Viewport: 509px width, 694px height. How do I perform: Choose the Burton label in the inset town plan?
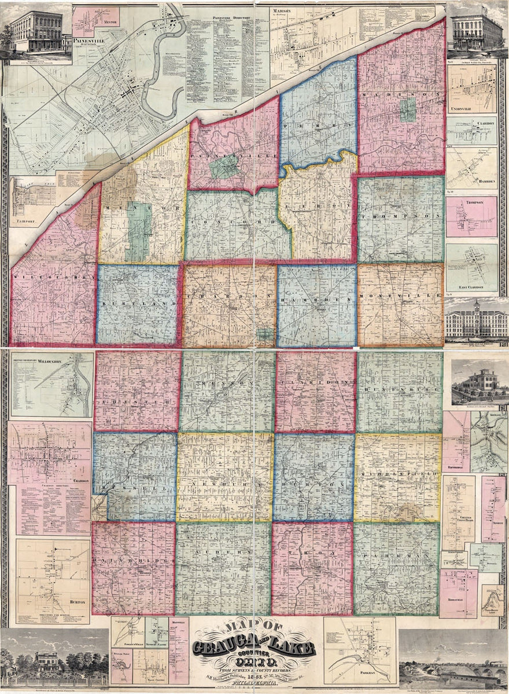point(77,602)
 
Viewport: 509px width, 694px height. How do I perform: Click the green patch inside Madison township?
point(408,109)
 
